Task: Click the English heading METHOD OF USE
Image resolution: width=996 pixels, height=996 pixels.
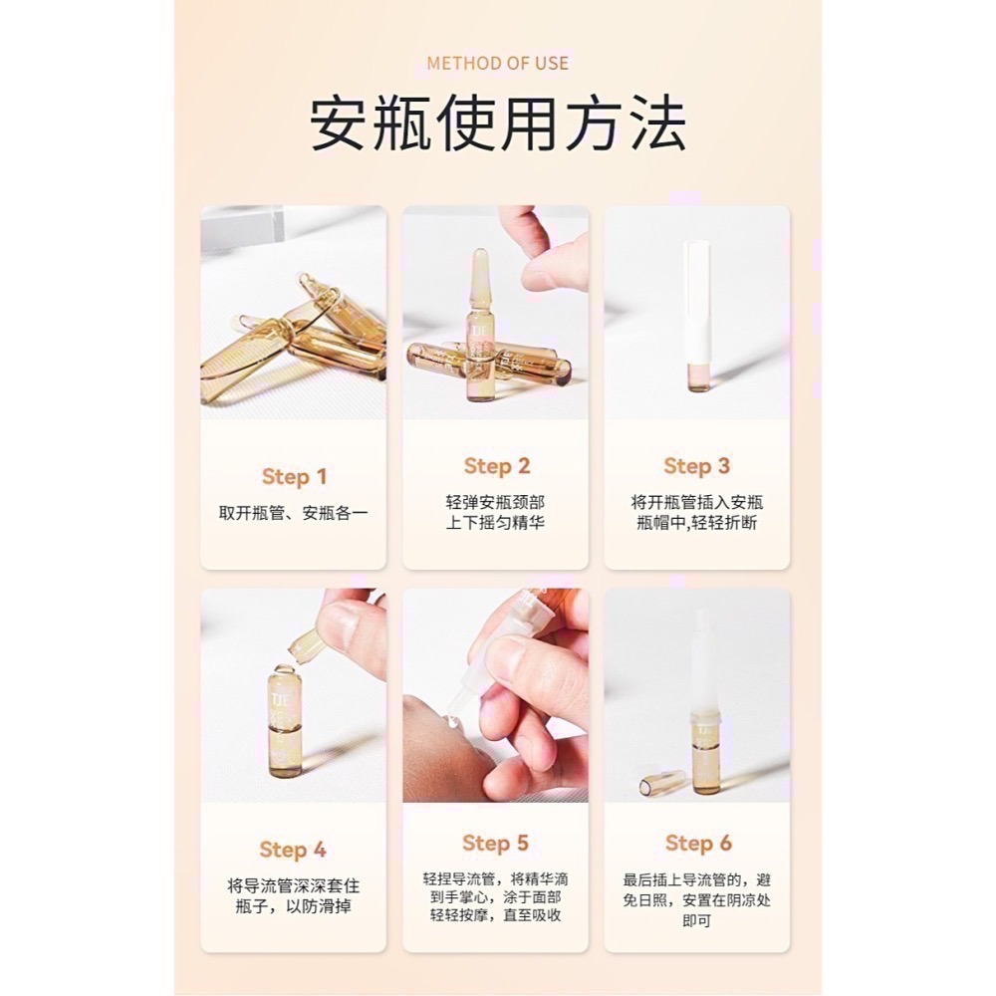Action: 497,63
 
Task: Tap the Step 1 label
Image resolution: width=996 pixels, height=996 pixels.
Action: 294,477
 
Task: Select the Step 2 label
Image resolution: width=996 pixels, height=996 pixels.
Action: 496,466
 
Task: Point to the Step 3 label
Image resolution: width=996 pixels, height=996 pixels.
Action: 696,466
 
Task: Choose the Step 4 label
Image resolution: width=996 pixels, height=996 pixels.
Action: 293,850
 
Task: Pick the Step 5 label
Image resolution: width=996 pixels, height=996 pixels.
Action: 495,844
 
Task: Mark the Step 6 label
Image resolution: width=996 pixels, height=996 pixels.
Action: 697,844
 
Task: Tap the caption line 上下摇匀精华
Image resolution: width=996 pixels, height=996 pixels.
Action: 495,523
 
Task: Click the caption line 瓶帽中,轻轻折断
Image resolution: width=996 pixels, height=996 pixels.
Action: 696,523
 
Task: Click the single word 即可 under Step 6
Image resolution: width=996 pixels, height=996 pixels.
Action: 696,921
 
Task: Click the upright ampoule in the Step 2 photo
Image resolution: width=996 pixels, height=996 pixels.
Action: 479,324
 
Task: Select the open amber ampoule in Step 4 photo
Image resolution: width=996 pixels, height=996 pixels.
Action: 286,722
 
